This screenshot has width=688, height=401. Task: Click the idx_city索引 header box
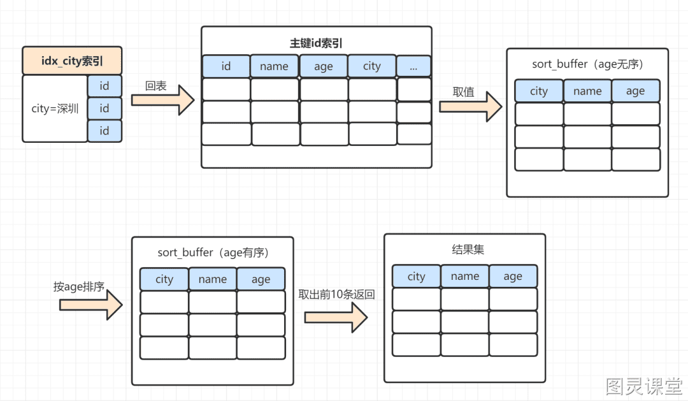pyautogui.click(x=72, y=61)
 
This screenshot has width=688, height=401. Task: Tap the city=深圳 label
pyautogui.click(x=55, y=108)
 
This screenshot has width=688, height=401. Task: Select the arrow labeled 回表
pyautogui.click(x=163, y=100)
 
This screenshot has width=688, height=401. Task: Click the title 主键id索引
pyautogui.click(x=316, y=43)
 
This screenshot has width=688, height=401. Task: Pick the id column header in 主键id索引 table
pyautogui.click(x=226, y=66)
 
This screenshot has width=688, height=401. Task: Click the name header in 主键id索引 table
pyautogui.click(x=274, y=66)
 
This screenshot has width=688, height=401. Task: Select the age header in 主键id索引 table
pyautogui.click(x=324, y=66)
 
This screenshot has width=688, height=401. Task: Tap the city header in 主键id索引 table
pyautogui.click(x=371, y=66)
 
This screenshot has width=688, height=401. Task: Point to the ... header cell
pyautogui.click(x=414, y=66)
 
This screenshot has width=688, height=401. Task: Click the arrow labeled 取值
pyautogui.click(x=471, y=106)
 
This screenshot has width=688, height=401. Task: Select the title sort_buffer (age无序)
pyautogui.click(x=587, y=64)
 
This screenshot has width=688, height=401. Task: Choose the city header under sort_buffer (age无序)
pyautogui.click(x=539, y=91)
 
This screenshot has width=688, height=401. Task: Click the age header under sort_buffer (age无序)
pyautogui.click(x=635, y=91)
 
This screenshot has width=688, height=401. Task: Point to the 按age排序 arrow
pyautogui.click(x=91, y=305)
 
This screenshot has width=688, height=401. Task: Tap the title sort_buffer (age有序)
pyautogui.click(x=213, y=252)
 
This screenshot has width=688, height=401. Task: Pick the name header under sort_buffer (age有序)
pyautogui.click(x=213, y=279)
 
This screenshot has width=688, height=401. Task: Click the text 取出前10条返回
pyautogui.click(x=336, y=295)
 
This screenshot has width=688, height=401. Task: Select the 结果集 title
pyautogui.click(x=468, y=249)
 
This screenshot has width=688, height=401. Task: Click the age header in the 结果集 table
pyautogui.click(x=513, y=276)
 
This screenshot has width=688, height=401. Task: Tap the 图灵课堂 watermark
pyautogui.click(x=643, y=386)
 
